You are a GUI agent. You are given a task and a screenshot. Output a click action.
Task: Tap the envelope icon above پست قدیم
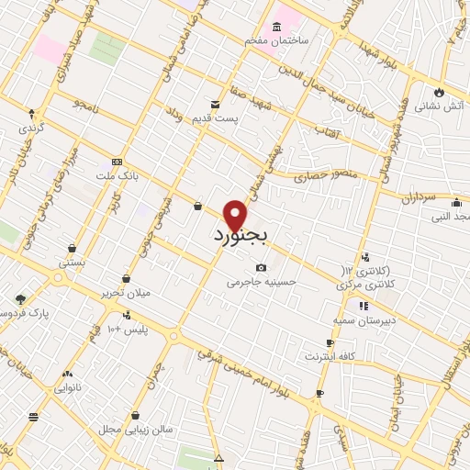215,105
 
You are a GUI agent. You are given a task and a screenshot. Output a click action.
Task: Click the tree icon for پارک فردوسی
20,298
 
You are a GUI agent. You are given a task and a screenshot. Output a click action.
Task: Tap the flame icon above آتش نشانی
440,92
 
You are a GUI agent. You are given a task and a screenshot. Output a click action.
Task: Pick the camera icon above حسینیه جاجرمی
262,268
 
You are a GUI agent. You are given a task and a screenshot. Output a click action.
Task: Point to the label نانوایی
68,387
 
